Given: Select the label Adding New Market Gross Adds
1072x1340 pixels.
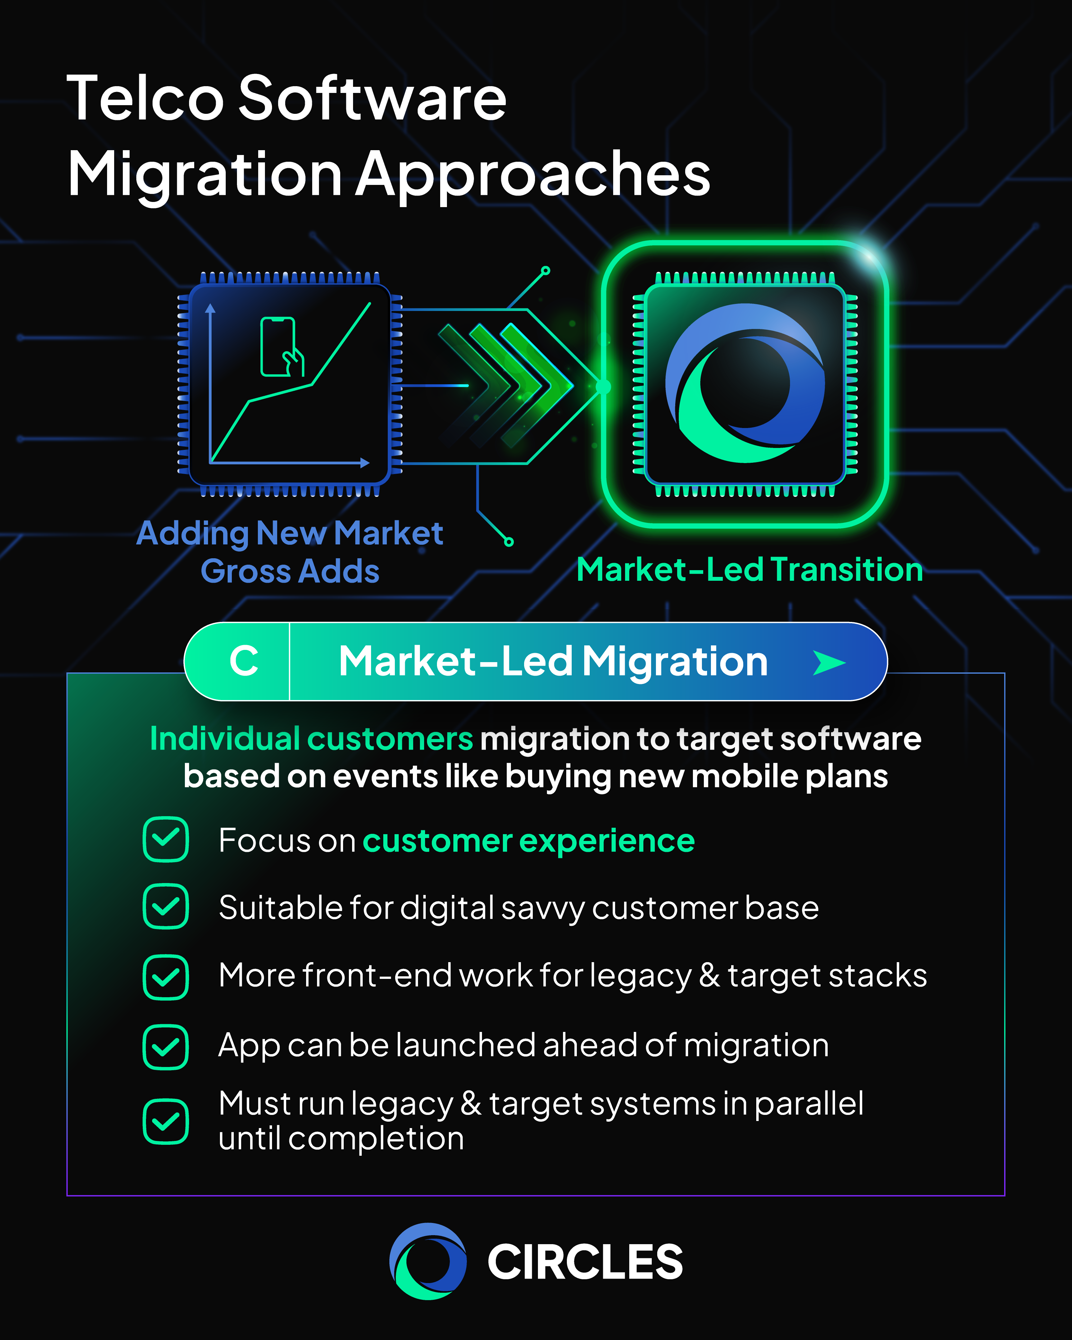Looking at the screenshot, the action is (x=290, y=552).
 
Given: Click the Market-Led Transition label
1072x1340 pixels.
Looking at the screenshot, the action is (x=749, y=569).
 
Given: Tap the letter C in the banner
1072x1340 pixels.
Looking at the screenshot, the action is (x=244, y=661).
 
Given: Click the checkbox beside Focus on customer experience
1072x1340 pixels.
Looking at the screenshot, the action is (x=166, y=840).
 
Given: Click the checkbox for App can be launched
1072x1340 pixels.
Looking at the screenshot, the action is (x=166, y=1047).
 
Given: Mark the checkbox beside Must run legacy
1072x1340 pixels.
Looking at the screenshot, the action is (x=166, y=1121).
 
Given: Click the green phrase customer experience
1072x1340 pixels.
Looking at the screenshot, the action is (x=528, y=841).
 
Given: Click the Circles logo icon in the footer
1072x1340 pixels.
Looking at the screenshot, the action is (x=428, y=1261).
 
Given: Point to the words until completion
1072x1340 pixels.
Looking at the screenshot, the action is (x=341, y=1139).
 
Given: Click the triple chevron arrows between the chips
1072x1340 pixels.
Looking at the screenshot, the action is (x=504, y=385).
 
